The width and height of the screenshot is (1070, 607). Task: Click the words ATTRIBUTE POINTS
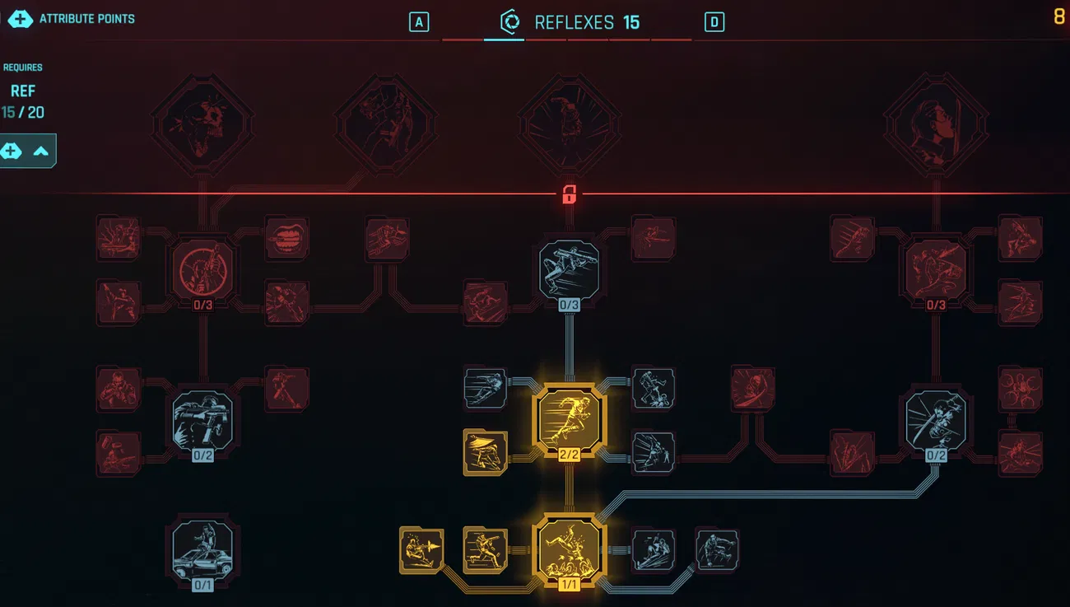click(86, 18)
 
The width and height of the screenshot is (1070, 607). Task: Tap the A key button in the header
click(419, 22)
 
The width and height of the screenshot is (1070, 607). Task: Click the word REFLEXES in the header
click(574, 22)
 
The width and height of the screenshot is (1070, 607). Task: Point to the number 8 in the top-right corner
click(1059, 16)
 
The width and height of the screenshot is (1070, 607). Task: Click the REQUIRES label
click(23, 68)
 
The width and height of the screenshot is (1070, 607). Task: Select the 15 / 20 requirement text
click(23, 112)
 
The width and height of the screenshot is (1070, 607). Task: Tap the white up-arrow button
click(40, 151)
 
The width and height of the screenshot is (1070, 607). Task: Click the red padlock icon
click(569, 195)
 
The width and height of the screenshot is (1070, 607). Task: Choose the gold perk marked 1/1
click(570, 549)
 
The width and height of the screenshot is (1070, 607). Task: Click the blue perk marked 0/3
click(570, 269)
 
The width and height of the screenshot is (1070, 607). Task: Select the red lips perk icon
click(286, 238)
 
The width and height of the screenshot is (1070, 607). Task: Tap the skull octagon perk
click(202, 125)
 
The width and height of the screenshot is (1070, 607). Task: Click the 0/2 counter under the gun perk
click(202, 455)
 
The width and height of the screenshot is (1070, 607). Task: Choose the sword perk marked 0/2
click(937, 420)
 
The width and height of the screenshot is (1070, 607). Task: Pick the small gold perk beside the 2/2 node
click(486, 452)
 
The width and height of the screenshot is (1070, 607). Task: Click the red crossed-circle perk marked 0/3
click(202, 269)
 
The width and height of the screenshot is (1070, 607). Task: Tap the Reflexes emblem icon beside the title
click(510, 21)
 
